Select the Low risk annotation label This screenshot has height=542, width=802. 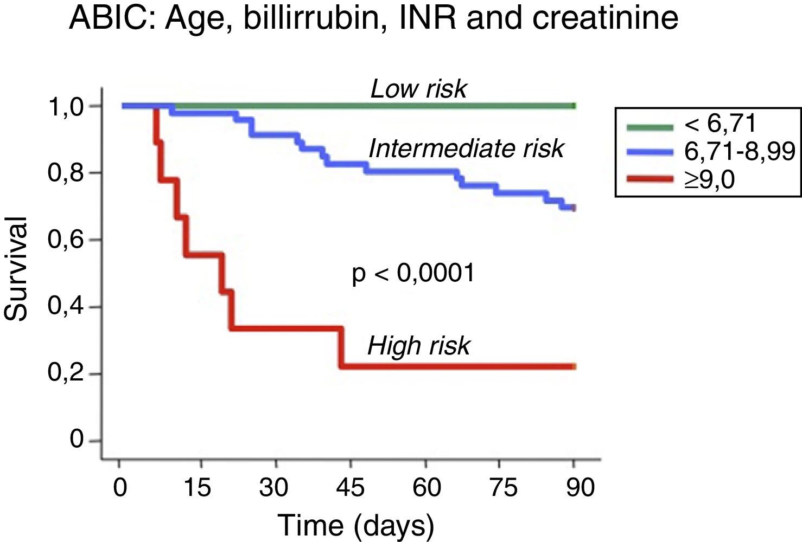(x=418, y=89)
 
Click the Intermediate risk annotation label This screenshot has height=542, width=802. (x=466, y=149)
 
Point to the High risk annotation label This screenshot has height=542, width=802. (x=418, y=346)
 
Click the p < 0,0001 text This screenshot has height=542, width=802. (x=413, y=273)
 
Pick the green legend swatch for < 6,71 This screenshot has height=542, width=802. (x=650, y=127)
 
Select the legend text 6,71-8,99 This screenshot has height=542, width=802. (x=739, y=152)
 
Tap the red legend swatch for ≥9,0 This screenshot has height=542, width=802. (x=650, y=178)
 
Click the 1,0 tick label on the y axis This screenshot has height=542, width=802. (x=66, y=107)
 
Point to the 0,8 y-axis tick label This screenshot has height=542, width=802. (x=66, y=174)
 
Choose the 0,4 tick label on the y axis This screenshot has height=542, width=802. (x=66, y=307)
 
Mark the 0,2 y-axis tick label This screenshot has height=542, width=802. (x=66, y=374)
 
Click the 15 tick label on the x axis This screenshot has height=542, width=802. (x=196, y=487)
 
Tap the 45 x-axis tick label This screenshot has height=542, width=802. (x=350, y=487)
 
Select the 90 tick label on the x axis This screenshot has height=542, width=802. (x=580, y=487)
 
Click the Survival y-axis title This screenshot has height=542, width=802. (x=16, y=269)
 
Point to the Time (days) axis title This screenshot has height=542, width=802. (x=356, y=525)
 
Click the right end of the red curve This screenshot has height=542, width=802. (x=574, y=367)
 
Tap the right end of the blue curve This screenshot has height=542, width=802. (x=574, y=208)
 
